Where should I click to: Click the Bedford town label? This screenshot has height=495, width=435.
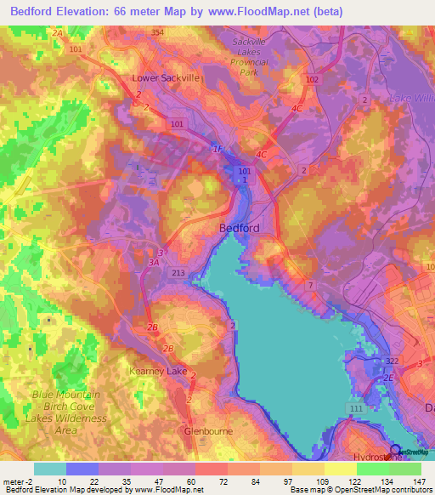point(239,228)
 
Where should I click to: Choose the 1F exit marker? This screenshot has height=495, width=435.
point(217,150)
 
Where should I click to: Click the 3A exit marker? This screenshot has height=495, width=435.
point(154,263)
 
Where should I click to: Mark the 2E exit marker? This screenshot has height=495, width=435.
point(389,377)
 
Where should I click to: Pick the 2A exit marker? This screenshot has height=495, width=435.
point(57,32)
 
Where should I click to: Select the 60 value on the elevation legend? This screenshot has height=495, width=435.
point(178,481)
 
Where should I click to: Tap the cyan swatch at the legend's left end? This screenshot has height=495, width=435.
point(50,469)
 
